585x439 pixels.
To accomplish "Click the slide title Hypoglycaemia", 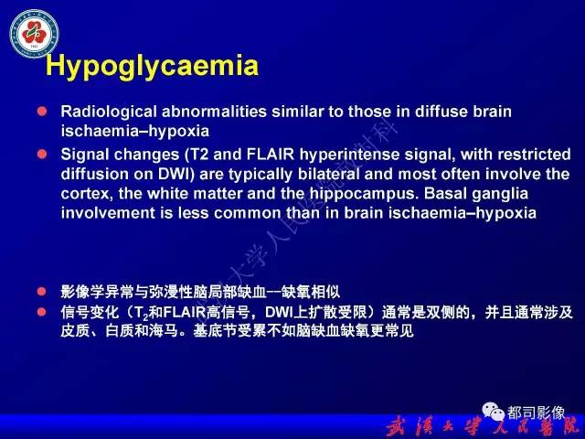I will coord(152,65).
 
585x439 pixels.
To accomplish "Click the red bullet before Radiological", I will coord(41,111).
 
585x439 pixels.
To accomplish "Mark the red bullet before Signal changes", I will coord(41,153).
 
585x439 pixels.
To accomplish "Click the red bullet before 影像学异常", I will coord(41,292).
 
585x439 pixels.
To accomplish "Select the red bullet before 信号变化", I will coord(41,312).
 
